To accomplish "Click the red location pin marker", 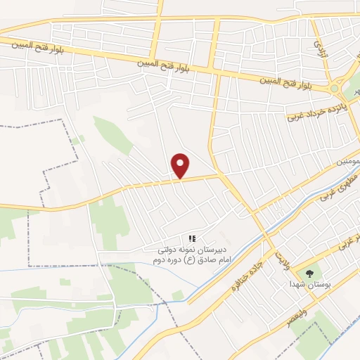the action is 181,165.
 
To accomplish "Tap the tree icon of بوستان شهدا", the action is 307,273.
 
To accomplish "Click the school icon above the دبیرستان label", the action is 192,239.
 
